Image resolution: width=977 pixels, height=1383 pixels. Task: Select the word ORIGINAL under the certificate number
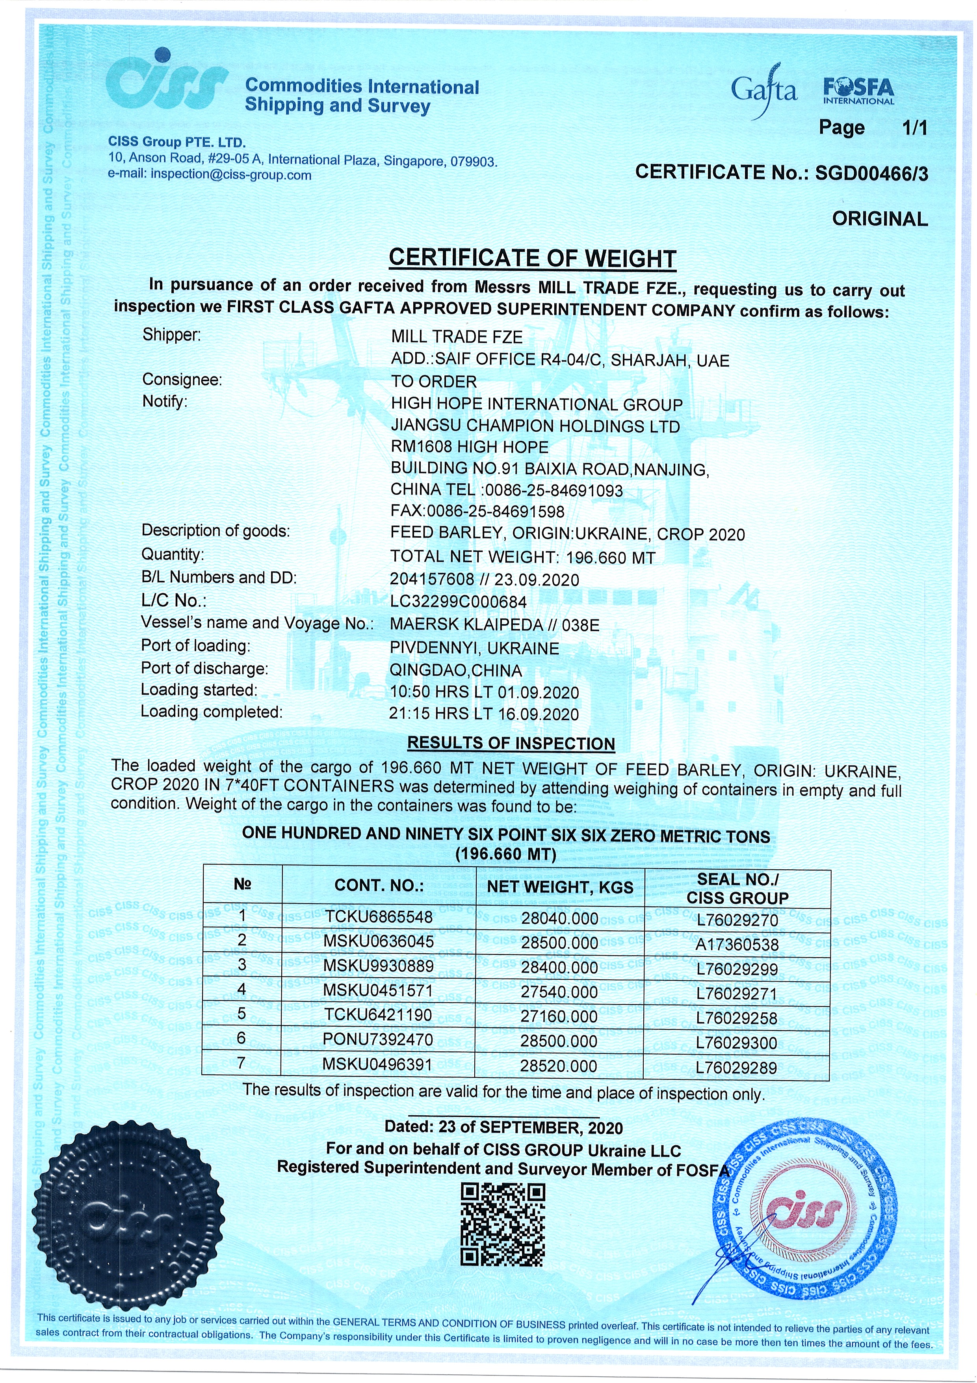coord(879,219)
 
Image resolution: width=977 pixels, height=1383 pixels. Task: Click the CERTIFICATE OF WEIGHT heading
coord(532,258)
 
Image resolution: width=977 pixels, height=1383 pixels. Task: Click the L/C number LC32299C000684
coord(458,601)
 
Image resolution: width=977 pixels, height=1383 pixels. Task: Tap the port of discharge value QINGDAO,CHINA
coord(456,671)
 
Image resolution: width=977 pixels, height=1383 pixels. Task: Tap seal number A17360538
coord(737,945)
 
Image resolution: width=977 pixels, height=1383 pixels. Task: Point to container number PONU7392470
coord(378,1040)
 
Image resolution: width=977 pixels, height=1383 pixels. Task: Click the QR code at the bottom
coord(503,1224)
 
